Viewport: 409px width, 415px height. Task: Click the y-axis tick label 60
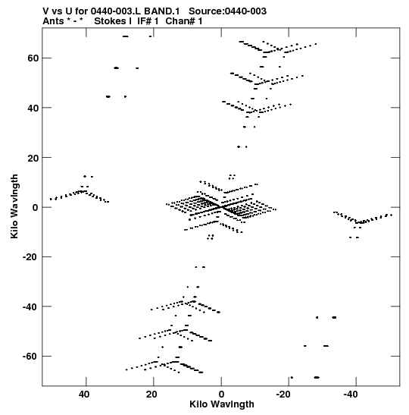point(33,58)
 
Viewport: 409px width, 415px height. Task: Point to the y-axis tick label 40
point(33,108)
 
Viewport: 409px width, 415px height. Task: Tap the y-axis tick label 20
point(33,158)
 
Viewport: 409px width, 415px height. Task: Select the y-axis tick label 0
point(36,207)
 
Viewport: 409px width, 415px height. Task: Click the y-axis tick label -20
point(31,257)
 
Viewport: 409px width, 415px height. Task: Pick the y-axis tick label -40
point(31,307)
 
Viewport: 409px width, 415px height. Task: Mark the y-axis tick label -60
point(31,357)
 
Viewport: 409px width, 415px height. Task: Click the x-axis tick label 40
point(84,395)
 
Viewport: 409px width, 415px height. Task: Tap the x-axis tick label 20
point(151,395)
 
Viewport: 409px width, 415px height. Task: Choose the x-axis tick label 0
point(221,395)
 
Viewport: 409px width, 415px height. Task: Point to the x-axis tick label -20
point(283,395)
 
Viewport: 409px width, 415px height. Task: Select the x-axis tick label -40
point(351,395)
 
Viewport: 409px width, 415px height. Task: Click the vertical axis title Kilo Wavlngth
point(14,206)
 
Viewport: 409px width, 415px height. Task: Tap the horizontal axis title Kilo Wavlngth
point(222,404)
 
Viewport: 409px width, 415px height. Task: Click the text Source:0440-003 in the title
point(227,11)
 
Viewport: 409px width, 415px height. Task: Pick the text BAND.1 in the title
point(161,11)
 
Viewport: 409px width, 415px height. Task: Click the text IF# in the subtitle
point(144,21)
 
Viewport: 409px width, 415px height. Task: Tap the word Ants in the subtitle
point(53,21)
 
